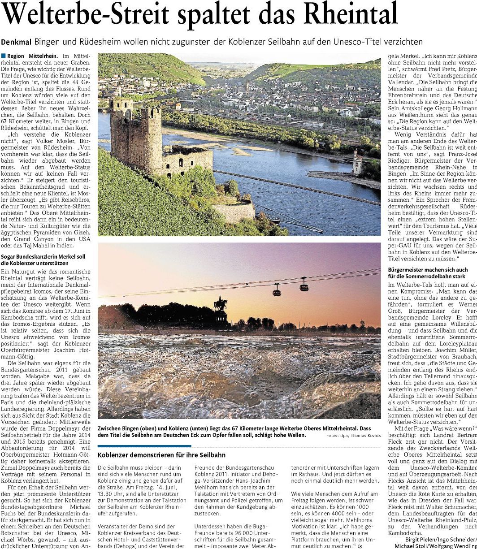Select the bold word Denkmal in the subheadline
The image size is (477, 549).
(16, 42)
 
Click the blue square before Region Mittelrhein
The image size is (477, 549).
(4, 56)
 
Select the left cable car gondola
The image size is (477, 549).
(277, 290)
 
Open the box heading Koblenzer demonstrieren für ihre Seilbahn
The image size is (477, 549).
(162, 455)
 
